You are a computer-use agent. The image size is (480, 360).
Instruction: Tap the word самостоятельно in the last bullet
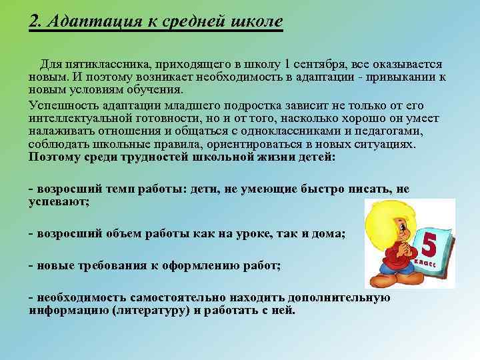[x=180, y=297]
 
